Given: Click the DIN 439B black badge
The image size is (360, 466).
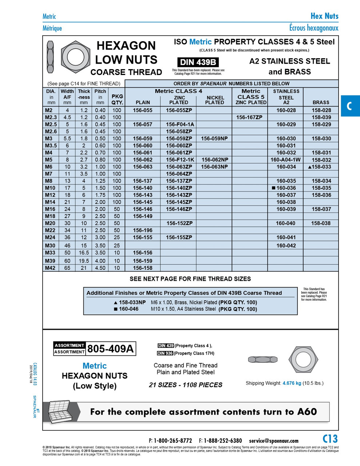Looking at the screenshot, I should pos(198,62).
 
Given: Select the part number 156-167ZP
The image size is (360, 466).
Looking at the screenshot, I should pos(249,117).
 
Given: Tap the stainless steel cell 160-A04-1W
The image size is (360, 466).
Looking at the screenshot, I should pos(285,159).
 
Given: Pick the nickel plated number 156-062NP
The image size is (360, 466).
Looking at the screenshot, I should pos(215,159).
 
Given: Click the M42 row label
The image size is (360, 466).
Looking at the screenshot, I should pos(50,268).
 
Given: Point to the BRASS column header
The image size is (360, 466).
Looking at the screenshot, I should pos(321,103).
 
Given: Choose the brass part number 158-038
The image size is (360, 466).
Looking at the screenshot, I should pos(321,223).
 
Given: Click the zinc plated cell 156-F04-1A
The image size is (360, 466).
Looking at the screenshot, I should pos(180,124).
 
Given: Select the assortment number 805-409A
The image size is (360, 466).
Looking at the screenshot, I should pos(111,349).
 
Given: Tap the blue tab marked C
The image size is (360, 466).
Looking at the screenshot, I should pos(349,106).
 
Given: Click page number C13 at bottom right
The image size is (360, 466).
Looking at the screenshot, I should pos(330,439).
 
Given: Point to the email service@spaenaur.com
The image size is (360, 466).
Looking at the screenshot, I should pos(273,441).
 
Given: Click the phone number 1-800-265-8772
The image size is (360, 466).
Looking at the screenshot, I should pos(173,441).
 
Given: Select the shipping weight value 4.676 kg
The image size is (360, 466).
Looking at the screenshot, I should pos(292,383).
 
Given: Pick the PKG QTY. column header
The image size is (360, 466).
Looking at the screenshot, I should pos(117,99).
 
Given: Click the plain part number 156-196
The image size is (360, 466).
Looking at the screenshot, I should pos(143,230).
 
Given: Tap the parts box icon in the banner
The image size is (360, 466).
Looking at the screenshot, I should pos(64,411).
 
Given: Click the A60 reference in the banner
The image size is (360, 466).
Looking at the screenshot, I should pos(307,412).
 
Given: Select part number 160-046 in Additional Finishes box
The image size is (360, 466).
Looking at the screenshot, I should pos(128,309).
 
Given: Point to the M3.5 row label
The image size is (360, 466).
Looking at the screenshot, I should pos(51,146).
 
